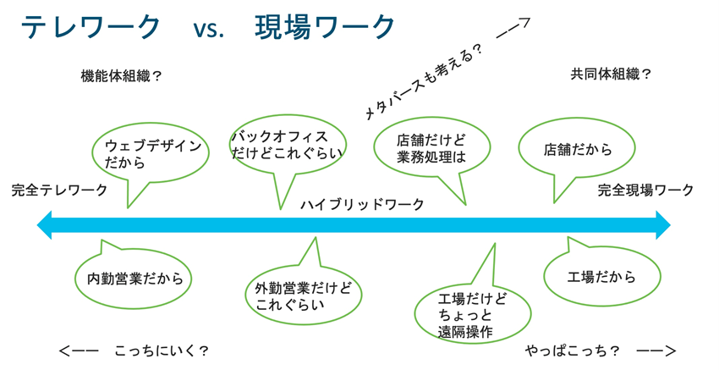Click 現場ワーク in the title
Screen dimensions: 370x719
click(x=326, y=28)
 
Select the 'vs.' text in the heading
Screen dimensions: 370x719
click(x=208, y=30)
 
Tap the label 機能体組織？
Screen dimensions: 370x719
click(x=121, y=75)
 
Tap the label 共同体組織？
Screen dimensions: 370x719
click(x=611, y=74)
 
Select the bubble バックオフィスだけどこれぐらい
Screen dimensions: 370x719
click(x=287, y=145)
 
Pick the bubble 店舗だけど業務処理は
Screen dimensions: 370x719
click(x=431, y=149)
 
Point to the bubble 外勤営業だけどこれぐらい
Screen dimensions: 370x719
click(x=303, y=294)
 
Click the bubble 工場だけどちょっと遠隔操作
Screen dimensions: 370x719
click(x=474, y=314)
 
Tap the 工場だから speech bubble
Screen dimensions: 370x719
click(x=601, y=277)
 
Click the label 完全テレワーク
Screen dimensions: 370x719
click(x=59, y=190)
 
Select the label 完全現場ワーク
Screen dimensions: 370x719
click(x=645, y=190)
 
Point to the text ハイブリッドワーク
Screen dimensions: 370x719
click(x=362, y=205)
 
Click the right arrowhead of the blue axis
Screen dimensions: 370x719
click(x=662, y=226)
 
